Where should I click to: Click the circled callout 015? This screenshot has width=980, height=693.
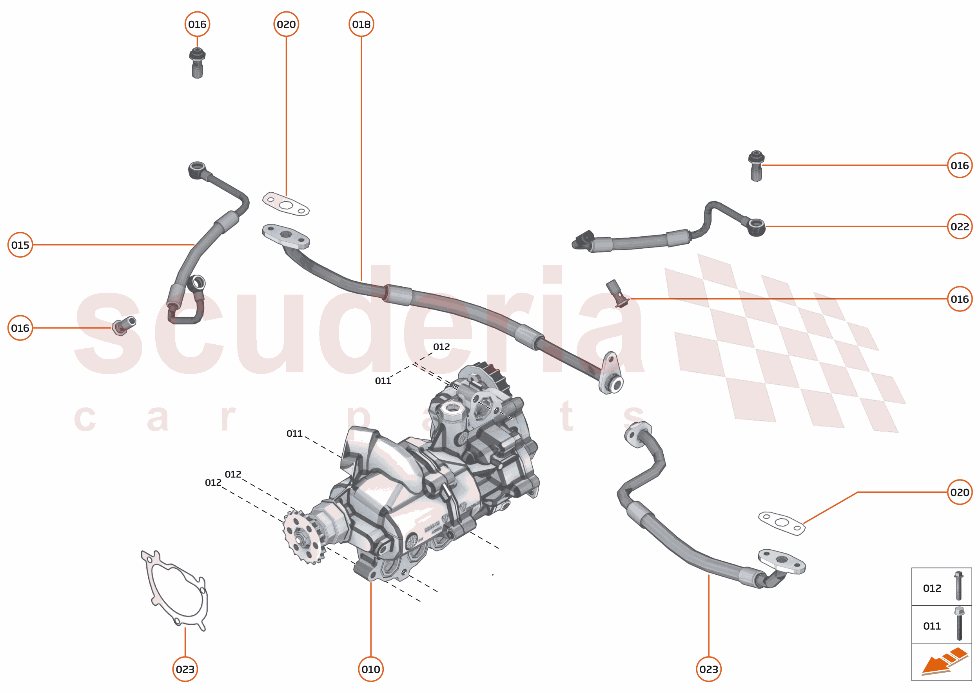point(20,244)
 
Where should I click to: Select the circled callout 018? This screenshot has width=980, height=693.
point(361,24)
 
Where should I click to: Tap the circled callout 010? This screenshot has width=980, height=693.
point(371,669)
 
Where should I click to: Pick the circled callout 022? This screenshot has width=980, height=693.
point(960,226)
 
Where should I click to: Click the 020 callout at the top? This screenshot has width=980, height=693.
point(286,24)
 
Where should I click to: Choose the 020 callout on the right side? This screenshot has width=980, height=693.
point(960,492)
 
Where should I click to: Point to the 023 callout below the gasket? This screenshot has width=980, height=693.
point(185,669)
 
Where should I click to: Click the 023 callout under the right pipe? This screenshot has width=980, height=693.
point(708,669)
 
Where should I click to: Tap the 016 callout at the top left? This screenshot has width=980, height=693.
point(197,24)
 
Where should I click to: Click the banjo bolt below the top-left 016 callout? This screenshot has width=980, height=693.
point(197,63)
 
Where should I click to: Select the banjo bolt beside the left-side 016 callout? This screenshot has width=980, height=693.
point(124,326)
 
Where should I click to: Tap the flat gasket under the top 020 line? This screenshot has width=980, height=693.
point(286,205)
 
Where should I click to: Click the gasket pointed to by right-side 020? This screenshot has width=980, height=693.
point(781,523)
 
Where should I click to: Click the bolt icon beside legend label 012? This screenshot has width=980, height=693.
point(959,586)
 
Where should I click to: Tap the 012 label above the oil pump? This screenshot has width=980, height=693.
point(441,346)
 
